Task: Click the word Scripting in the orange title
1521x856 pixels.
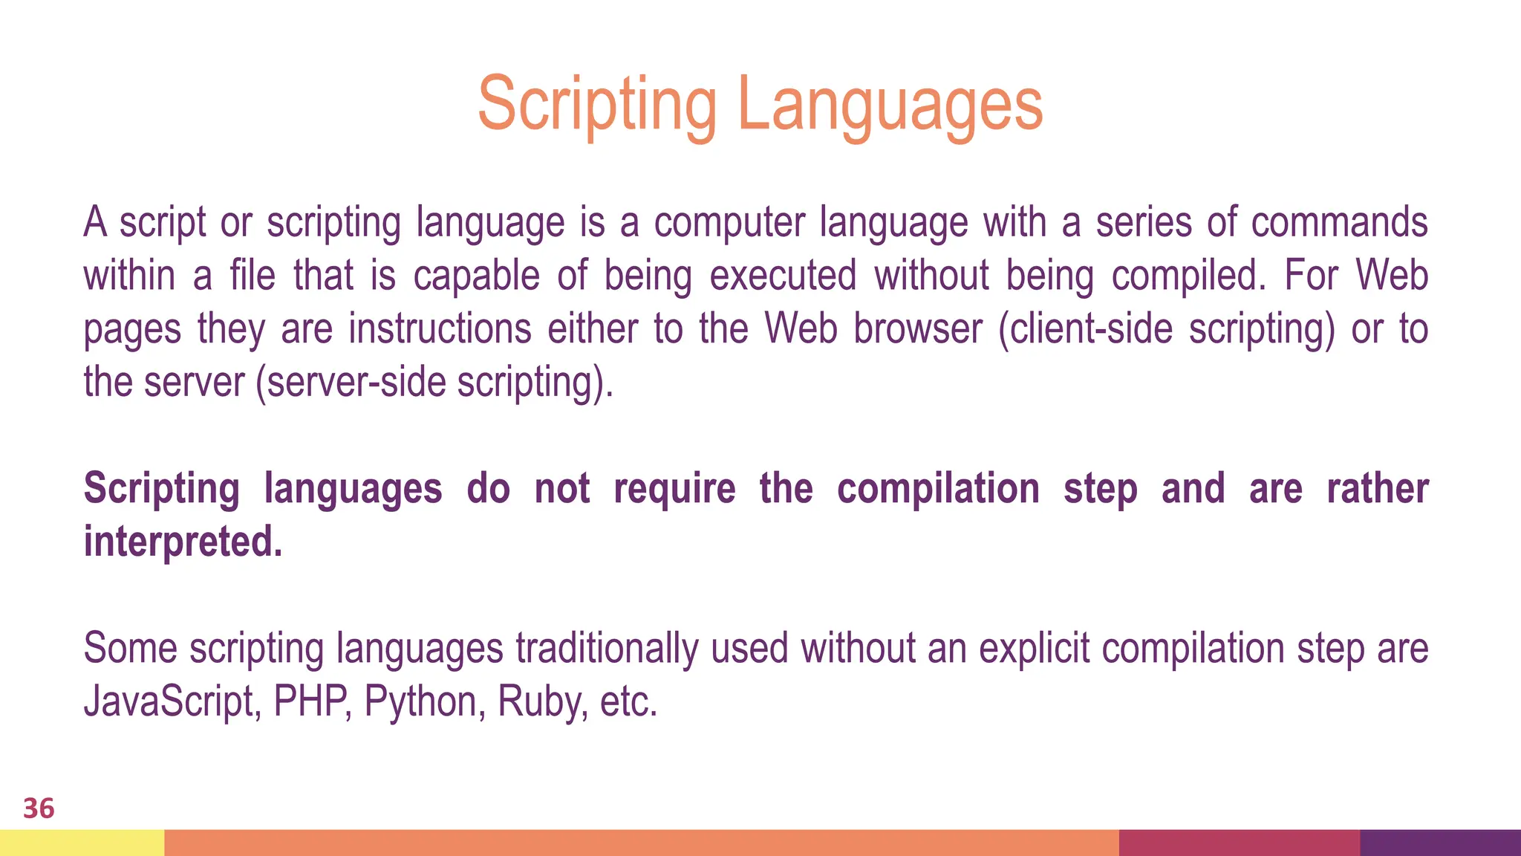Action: (x=597, y=106)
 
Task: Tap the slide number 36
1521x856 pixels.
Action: (x=39, y=808)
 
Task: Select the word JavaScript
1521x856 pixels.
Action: (x=172, y=701)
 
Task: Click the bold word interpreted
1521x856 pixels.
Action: (x=183, y=541)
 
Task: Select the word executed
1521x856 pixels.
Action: (x=783, y=276)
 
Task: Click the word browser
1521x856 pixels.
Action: (x=917, y=329)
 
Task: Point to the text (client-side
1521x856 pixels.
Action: (x=1085, y=329)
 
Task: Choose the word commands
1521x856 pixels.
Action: (x=1339, y=222)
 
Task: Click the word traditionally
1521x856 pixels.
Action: (x=607, y=648)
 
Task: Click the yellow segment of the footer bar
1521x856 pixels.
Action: (x=82, y=843)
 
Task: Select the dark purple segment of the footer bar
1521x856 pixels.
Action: (x=1440, y=843)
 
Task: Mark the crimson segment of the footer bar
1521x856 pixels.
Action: (x=1239, y=843)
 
